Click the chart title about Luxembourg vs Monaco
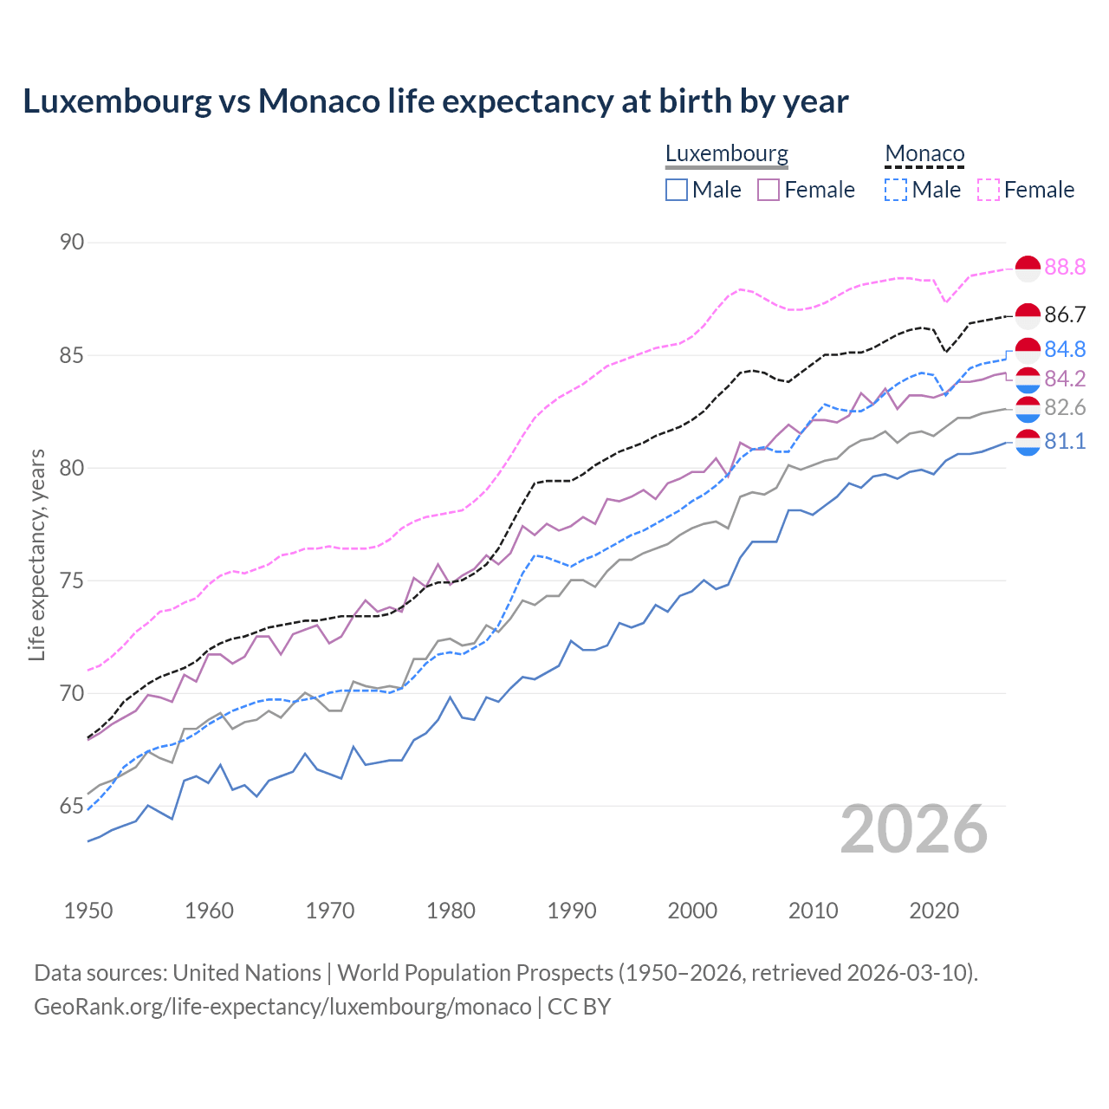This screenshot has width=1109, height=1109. tap(435, 101)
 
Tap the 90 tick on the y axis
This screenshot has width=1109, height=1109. tap(72, 242)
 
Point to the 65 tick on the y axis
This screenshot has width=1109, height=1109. tap(72, 806)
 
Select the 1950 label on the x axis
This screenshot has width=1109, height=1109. tap(88, 911)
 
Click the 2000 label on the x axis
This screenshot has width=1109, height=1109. tap(692, 911)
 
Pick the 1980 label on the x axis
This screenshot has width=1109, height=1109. tap(451, 911)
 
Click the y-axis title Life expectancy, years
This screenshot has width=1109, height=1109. tap(36, 554)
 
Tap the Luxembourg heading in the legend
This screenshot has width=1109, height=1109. tap(726, 153)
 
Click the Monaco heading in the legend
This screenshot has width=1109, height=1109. tap(924, 154)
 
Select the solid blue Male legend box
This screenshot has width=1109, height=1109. tap(677, 190)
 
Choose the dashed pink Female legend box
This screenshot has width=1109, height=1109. tap(989, 190)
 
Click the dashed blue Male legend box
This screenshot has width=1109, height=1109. tap(896, 190)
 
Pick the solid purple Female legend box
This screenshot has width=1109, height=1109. tap(769, 190)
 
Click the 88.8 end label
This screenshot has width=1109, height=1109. tap(1065, 268)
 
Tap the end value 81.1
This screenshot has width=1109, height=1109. tap(1065, 442)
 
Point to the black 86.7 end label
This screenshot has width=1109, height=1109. tap(1065, 315)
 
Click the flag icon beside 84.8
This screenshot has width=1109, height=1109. tap(1028, 350)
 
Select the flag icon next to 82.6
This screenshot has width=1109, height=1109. tap(1028, 408)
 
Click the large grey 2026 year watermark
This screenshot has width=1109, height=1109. tap(914, 829)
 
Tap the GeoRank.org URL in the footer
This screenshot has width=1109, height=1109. tap(282, 1007)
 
